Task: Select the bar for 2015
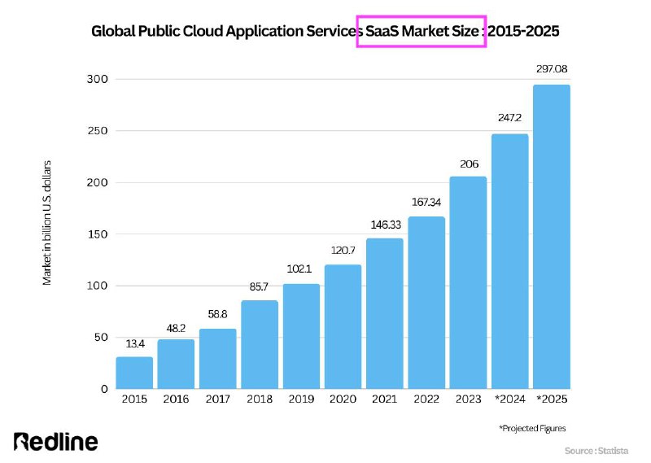(134, 373)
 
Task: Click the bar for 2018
(260, 345)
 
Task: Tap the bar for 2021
(384, 313)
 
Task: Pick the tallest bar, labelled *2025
(552, 237)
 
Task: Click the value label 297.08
(552, 69)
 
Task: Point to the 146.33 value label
(386, 225)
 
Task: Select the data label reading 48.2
(176, 328)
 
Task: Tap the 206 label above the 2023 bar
(470, 164)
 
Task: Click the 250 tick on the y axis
(98, 131)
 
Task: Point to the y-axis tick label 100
(98, 286)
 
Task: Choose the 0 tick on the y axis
(104, 389)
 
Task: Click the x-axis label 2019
(301, 399)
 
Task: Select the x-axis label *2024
(510, 399)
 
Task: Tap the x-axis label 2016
(176, 399)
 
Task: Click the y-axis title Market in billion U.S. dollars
(46, 223)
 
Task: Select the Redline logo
(55, 441)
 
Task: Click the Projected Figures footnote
(532, 428)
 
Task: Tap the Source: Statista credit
(596, 451)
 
